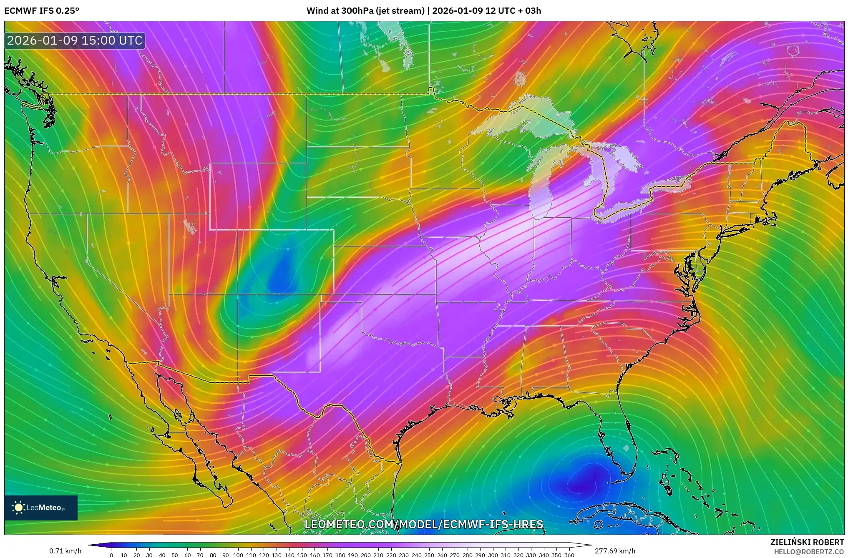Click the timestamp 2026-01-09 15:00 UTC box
click(75, 40)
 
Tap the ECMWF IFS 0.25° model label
click(41, 11)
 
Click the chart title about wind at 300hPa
click(423, 11)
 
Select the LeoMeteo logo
click(40, 508)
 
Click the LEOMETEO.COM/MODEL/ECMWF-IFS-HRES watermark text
click(424, 524)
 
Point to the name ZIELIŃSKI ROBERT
click(807, 542)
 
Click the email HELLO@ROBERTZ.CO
click(809, 552)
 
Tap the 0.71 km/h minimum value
click(65, 551)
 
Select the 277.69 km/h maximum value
click(615, 551)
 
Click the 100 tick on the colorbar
click(238, 555)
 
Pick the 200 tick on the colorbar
click(365, 555)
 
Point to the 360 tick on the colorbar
click(569, 555)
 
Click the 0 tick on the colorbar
click(111, 555)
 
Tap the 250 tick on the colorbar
click(429, 555)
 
